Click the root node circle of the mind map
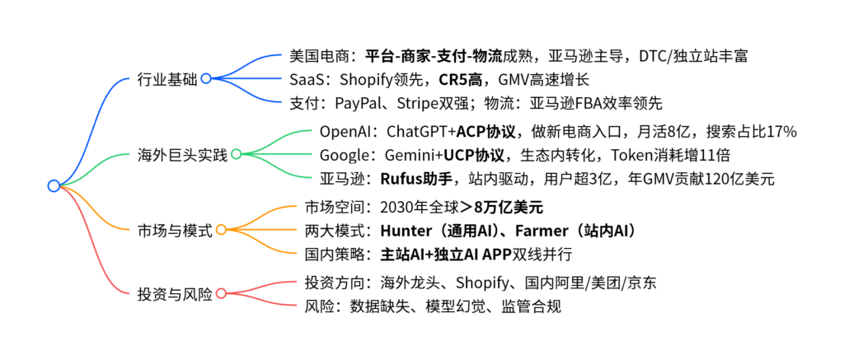[x=54, y=186]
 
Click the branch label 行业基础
[x=167, y=79]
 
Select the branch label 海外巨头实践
[x=182, y=154]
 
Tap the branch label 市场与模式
[x=175, y=230]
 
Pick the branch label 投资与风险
[x=175, y=293]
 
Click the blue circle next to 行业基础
[x=206, y=79]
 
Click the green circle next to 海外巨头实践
[x=236, y=154]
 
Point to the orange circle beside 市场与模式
[x=221, y=230]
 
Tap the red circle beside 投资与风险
[x=221, y=293]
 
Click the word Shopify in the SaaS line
[x=371, y=81]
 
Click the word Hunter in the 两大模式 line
[x=407, y=230]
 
